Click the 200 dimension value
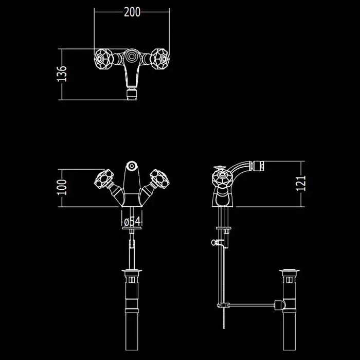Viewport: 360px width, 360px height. [132, 12]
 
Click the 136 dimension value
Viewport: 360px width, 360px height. [62, 74]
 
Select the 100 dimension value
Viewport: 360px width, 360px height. [62, 187]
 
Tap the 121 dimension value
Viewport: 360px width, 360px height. [301, 184]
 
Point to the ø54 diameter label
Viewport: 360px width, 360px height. [132, 222]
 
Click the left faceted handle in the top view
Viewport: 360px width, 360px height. [103, 59]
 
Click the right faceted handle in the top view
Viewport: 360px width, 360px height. [160, 59]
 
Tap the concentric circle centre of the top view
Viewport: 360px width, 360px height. [131, 57]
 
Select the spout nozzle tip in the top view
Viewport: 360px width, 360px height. [132, 94]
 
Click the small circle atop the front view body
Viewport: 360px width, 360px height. [132, 166]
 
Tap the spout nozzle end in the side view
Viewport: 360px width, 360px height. [259, 166]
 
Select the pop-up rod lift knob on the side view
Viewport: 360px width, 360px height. [214, 242]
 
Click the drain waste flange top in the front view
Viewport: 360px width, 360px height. [132, 271]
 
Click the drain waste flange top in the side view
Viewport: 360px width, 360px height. [289, 271]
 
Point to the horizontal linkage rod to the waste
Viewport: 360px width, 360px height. [252, 305]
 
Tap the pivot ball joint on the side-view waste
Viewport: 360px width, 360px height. [280, 305]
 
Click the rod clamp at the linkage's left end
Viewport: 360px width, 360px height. [223, 305]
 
